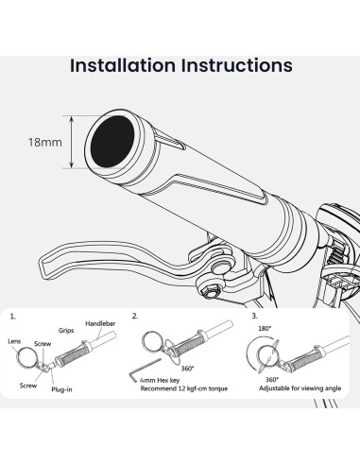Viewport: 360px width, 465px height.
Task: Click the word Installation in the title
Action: coord(123,65)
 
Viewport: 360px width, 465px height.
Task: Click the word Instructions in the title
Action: coord(236,65)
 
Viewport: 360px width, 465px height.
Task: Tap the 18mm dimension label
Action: coord(45,142)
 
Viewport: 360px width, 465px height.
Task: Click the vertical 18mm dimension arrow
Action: coord(72,142)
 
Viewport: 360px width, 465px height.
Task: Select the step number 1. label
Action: coord(12,317)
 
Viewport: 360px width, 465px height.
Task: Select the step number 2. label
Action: coord(135,317)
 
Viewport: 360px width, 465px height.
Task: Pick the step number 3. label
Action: coord(254,316)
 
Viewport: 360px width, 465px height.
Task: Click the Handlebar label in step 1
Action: coord(100,323)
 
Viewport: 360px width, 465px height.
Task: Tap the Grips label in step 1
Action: coord(66,331)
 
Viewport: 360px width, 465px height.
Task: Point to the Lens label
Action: coord(14,341)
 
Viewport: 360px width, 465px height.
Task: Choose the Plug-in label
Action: coord(61,389)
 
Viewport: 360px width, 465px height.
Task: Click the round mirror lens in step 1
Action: coord(17,357)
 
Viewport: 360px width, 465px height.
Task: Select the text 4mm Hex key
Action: coord(160,380)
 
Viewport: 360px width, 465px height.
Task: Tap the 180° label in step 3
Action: coord(265,328)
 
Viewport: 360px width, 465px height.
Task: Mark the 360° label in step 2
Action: coord(188,369)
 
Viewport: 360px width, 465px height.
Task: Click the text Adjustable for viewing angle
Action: coord(300,388)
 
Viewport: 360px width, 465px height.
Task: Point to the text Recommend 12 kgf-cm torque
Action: coord(184,388)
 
